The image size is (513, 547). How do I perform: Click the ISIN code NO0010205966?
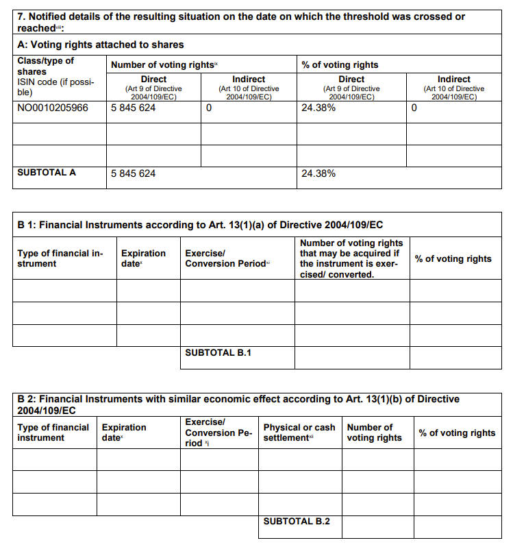pyautogui.click(x=53, y=108)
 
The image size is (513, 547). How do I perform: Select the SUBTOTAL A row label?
pyautogui.click(x=47, y=173)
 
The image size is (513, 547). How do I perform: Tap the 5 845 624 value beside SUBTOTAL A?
pyautogui.click(x=133, y=173)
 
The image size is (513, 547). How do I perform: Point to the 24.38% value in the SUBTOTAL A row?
pyautogui.click(x=318, y=173)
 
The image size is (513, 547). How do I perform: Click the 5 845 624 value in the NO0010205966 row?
pyautogui.click(x=133, y=108)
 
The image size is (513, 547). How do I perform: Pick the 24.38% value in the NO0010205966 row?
pyautogui.click(x=318, y=108)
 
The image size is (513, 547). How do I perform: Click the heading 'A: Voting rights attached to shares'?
pyautogui.click(x=101, y=45)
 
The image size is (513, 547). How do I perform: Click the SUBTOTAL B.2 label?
pyautogui.click(x=297, y=521)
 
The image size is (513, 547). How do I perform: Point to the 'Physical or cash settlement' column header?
pyautogui.click(x=299, y=433)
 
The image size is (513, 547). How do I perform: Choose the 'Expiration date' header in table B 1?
pyautogui.click(x=143, y=258)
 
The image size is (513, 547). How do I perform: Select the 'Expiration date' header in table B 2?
pyautogui.click(x=124, y=433)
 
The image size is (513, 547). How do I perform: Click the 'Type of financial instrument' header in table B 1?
pyautogui.click(x=60, y=258)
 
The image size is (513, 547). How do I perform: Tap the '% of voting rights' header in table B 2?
pyautogui.click(x=457, y=433)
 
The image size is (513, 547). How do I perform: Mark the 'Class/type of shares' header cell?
pyautogui.click(x=45, y=66)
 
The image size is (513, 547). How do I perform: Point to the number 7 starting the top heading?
pyautogui.click(x=20, y=16)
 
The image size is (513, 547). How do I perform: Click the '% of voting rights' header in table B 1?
pyautogui.click(x=453, y=258)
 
